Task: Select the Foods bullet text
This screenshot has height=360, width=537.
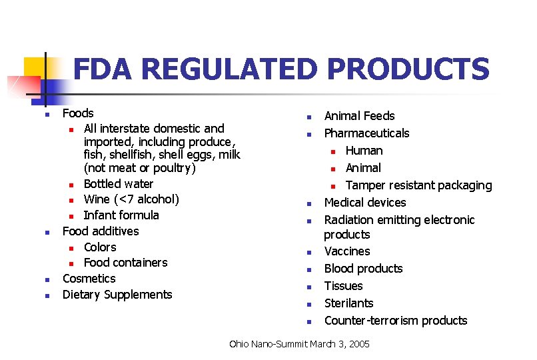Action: point(78,113)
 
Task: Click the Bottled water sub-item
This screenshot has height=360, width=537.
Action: point(119,184)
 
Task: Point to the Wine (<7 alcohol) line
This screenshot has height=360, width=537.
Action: point(131,199)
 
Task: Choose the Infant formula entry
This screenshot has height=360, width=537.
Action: point(121,215)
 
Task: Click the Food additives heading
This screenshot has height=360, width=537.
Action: point(101,231)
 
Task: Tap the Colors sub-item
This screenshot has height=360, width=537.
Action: point(100,247)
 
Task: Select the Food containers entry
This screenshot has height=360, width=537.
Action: point(125,263)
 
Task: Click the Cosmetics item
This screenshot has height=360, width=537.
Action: point(89,279)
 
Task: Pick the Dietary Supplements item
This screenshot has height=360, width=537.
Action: point(117,295)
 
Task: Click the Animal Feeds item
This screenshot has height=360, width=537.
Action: point(359,116)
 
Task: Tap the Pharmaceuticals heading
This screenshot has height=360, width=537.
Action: point(366,133)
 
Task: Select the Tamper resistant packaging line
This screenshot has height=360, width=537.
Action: point(418,185)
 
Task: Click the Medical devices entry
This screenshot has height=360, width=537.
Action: point(364,203)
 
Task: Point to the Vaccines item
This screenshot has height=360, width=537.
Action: point(346,251)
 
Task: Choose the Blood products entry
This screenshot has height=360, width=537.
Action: point(363,269)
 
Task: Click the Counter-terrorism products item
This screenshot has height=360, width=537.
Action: point(396,321)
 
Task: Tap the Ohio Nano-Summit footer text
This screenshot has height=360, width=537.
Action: point(298,344)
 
